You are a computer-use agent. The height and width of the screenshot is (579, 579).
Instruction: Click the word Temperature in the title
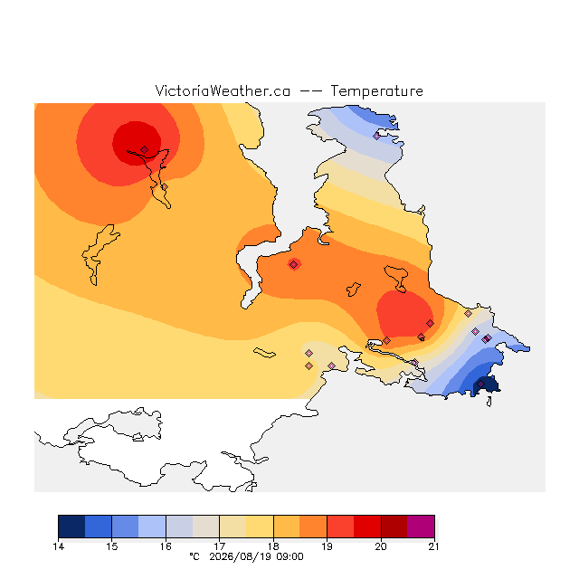376,90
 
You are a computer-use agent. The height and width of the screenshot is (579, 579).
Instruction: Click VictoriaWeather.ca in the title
223,90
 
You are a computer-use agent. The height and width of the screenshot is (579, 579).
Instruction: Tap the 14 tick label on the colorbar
58,546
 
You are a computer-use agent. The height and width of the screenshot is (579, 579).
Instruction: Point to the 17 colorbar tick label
219,546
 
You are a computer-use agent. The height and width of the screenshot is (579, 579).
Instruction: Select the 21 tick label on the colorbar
434,546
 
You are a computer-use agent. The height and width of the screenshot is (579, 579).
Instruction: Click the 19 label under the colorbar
327,546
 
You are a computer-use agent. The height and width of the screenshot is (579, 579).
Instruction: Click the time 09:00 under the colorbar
289,556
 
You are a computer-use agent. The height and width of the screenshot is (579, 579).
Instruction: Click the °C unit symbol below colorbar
195,556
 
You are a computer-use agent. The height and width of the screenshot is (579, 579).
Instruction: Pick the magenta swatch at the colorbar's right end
421,527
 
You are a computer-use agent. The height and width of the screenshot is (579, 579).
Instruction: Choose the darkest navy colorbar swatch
71,527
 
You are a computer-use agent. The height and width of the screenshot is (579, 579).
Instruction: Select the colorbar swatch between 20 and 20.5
394,527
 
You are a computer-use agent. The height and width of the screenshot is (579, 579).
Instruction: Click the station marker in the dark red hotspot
145,149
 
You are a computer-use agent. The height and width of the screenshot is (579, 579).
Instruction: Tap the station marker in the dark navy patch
480,384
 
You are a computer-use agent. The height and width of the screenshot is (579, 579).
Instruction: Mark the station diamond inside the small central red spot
293,264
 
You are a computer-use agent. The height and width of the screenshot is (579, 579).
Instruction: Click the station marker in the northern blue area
376,136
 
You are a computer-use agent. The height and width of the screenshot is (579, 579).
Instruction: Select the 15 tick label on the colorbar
112,546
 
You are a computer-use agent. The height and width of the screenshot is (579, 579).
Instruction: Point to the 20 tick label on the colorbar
381,546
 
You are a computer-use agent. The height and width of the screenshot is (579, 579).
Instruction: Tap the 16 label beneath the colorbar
166,546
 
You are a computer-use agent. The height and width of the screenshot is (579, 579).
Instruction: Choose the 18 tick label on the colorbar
273,546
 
